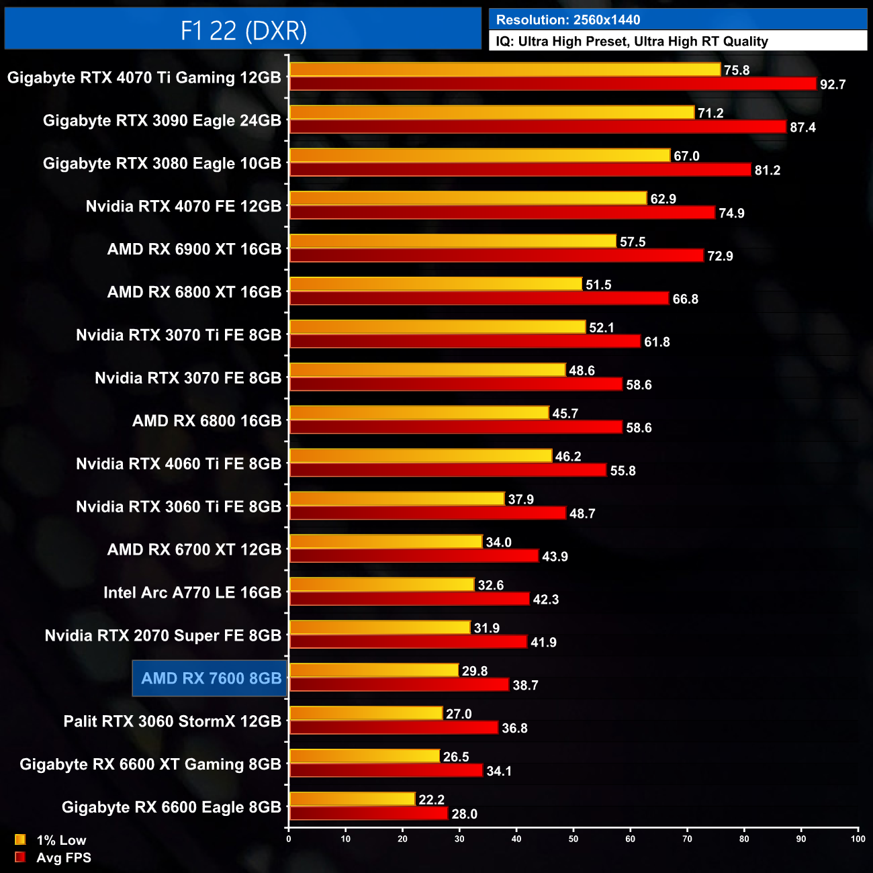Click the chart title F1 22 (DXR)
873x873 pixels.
[243, 30]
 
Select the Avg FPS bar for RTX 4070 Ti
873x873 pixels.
[553, 84]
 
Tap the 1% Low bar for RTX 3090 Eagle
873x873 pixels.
[492, 113]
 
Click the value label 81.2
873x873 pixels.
[767, 171]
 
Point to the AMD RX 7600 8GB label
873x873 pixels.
[211, 678]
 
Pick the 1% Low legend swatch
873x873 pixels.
[20, 839]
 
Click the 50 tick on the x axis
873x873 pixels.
[573, 839]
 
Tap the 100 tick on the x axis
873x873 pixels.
[858, 839]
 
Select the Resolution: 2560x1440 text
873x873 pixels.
[568, 20]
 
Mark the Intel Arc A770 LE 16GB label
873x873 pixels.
[192, 592]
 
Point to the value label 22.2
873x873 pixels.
[431, 800]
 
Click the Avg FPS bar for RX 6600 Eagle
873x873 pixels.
[369, 813]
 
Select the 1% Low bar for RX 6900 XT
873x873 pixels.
[453, 241]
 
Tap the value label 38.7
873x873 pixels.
[525, 686]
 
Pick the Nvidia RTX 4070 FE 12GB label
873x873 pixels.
[183, 206]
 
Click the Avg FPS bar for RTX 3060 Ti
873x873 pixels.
[428, 513]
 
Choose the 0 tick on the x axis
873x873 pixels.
[289, 839]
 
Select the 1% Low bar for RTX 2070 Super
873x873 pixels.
[379, 627]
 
